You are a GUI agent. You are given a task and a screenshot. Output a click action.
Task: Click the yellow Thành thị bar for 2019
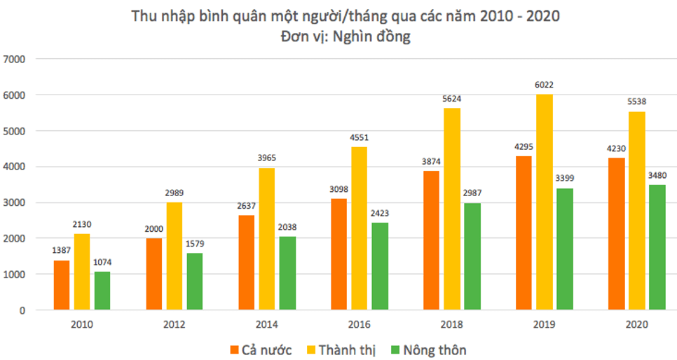click(x=544, y=202)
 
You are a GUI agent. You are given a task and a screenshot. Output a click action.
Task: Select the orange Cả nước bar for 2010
click(x=62, y=285)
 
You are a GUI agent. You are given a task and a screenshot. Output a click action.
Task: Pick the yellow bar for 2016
click(x=360, y=228)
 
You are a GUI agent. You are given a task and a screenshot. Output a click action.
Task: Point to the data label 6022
click(x=544, y=85)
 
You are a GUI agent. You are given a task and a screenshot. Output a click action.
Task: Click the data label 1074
click(x=102, y=263)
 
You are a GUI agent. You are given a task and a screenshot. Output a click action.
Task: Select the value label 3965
click(x=266, y=159)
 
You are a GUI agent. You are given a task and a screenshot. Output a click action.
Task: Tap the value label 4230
click(x=616, y=149)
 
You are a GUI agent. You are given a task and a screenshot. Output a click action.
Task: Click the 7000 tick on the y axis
click(x=15, y=59)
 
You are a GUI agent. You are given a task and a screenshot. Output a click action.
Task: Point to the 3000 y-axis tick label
click(x=15, y=202)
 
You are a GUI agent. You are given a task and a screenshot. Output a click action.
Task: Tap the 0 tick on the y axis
click(x=22, y=310)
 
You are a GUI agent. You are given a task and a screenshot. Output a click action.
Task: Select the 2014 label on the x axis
click(x=266, y=324)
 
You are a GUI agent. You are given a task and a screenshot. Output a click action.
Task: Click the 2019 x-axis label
click(x=544, y=324)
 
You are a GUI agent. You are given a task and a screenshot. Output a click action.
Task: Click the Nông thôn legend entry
click(x=428, y=349)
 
